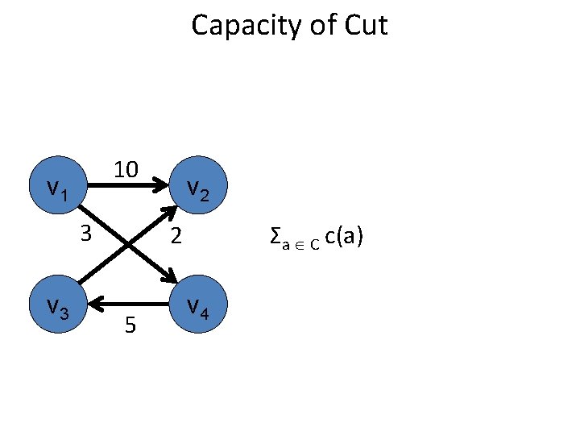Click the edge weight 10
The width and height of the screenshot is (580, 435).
coord(126,170)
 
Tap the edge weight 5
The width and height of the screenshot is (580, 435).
coord(130,325)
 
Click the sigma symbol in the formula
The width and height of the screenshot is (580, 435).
coord(275,237)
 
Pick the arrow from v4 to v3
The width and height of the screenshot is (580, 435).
coord(129,304)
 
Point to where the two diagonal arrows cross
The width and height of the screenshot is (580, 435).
coord(129,246)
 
